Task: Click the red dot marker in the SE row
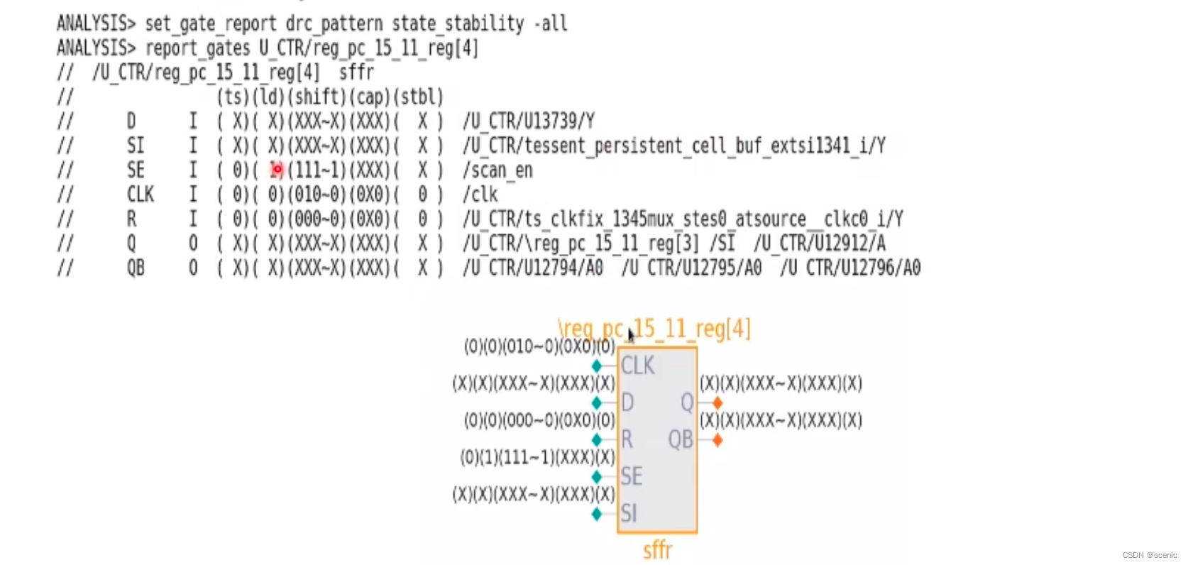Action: click(x=277, y=169)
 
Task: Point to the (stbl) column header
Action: click(x=419, y=97)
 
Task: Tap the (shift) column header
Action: click(x=317, y=97)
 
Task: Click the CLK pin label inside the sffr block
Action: click(x=637, y=366)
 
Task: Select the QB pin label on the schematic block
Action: click(x=680, y=439)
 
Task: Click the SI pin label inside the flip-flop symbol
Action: click(x=629, y=513)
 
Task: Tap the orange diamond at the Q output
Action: click(x=717, y=403)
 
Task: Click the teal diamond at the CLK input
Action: click(x=597, y=366)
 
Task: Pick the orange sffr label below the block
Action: click(x=657, y=550)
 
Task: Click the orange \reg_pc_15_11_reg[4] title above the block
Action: click(x=654, y=329)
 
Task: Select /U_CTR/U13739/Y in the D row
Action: click(x=529, y=121)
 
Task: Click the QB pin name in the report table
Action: click(x=136, y=268)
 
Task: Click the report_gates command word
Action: click(x=198, y=48)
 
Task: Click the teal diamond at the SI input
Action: click(x=597, y=513)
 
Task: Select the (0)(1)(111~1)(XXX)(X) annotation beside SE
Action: click(x=537, y=458)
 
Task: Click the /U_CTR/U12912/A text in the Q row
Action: click(x=820, y=243)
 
